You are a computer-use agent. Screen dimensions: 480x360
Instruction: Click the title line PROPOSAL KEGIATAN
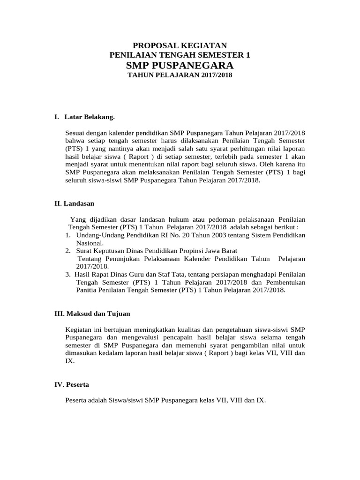tap(180, 45)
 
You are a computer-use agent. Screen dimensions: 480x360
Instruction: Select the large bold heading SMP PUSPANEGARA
tap(180, 65)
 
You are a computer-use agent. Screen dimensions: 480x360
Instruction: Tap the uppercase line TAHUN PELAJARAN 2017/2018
tap(180, 75)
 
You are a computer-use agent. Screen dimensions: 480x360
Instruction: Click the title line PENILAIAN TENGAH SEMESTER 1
tap(180, 55)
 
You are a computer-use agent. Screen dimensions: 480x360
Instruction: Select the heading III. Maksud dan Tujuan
tap(92, 313)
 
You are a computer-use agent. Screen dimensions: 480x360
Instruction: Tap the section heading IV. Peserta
tap(72, 384)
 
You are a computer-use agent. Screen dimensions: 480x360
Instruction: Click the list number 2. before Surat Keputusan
tap(68, 251)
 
